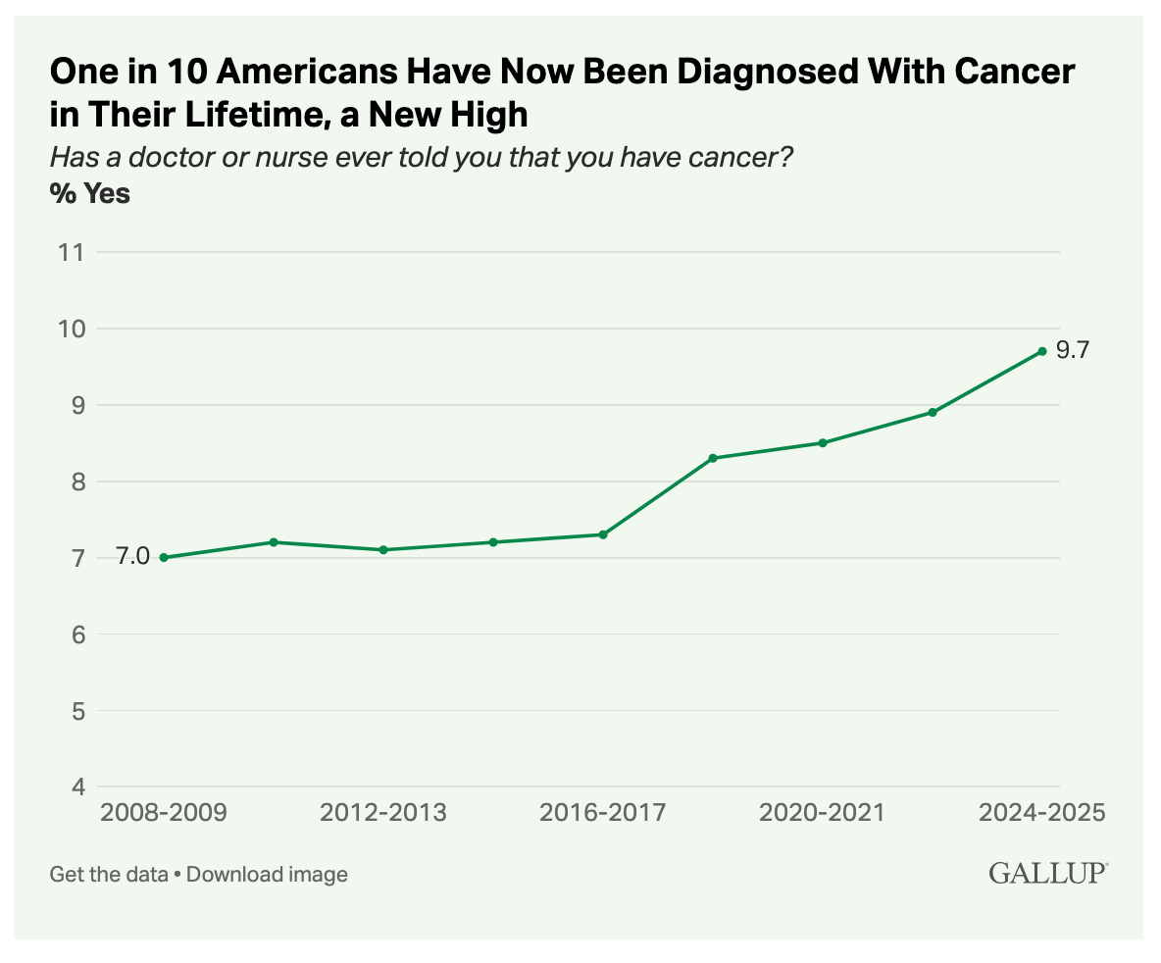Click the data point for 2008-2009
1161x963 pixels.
164,558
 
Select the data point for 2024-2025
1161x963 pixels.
1042,351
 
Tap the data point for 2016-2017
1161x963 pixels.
603,534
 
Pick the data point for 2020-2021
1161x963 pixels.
823,443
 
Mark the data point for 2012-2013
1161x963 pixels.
383,550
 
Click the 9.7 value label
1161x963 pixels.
1073,350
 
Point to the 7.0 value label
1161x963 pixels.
133,557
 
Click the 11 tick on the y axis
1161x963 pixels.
71,252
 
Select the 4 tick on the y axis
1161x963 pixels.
76,787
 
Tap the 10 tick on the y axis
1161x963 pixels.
70,329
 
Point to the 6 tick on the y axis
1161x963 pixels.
76,634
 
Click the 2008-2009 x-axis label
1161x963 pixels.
164,813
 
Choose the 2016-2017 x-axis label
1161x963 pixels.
603,813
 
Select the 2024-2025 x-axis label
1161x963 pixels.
1042,813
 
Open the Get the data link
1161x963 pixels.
109,874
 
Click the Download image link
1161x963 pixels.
267,874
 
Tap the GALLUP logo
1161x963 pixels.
1048,873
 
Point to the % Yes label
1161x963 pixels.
90,194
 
